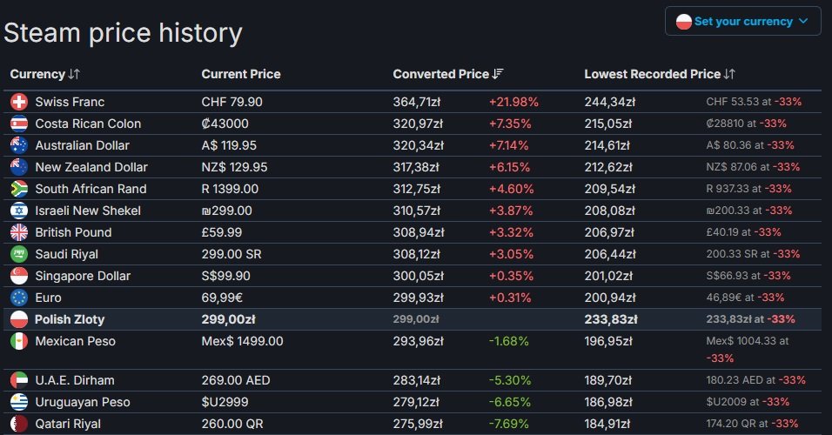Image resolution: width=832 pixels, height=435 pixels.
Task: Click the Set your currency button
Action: (x=742, y=21)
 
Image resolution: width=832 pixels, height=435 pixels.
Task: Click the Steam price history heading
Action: (x=123, y=33)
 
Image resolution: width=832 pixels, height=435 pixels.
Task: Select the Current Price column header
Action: (x=241, y=74)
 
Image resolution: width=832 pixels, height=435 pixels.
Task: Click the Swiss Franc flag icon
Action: (x=19, y=102)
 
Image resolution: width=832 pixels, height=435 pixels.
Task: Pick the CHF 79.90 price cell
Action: (x=231, y=102)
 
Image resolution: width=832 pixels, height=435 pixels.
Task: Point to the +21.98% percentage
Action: (x=513, y=102)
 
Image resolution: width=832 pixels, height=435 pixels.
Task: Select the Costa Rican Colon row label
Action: (x=88, y=124)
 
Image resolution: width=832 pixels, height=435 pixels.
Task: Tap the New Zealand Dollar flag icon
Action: (x=19, y=167)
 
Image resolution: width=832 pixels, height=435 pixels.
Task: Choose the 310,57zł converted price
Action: (x=419, y=211)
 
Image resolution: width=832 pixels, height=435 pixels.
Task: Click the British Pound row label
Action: (x=73, y=232)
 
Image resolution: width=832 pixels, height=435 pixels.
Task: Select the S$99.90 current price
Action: (x=226, y=276)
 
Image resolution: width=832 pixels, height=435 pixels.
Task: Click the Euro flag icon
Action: (x=19, y=298)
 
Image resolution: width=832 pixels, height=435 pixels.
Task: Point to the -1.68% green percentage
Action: (x=508, y=341)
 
